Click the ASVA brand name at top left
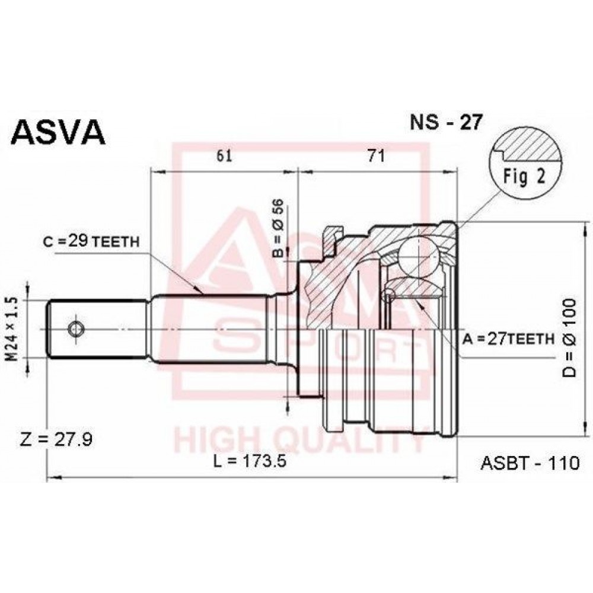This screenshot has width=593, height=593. (x=58, y=132)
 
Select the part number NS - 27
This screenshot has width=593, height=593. (x=447, y=122)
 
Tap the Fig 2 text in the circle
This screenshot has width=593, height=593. (x=525, y=177)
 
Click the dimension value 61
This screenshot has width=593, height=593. (x=224, y=155)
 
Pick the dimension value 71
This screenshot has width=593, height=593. (x=377, y=155)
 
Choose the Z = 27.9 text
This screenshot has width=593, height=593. (x=56, y=439)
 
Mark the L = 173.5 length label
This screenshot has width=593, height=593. (x=249, y=461)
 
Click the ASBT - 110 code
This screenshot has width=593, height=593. (x=530, y=463)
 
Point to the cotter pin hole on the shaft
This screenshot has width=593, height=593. (x=76, y=329)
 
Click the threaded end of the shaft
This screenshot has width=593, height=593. (x=98, y=329)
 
